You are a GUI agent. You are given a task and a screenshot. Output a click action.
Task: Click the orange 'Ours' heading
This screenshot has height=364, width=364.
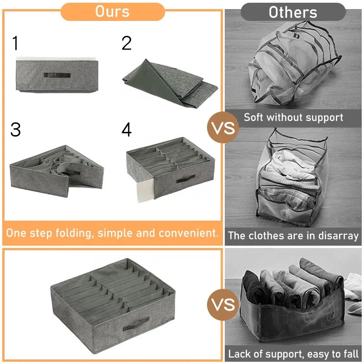pyautogui.click(x=112, y=11)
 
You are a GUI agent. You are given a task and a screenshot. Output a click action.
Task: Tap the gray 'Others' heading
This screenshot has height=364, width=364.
pyautogui.click(x=293, y=12)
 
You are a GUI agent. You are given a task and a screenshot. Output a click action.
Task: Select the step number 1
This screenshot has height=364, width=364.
pyautogui.click(x=15, y=43)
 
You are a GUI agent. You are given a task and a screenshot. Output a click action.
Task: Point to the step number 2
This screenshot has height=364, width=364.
pyautogui.click(x=126, y=43)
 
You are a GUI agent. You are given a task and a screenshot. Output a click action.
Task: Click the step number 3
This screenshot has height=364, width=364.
pyautogui.click(x=15, y=130)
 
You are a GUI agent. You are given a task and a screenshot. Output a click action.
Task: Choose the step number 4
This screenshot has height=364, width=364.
pyautogui.click(x=126, y=130)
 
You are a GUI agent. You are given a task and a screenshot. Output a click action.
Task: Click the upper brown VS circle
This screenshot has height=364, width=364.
pyautogui.click(x=222, y=128)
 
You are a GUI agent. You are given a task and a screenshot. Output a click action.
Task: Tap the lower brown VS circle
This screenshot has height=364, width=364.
pyautogui.click(x=222, y=304)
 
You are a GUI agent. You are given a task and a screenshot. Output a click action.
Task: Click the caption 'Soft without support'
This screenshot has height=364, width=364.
pyautogui.click(x=293, y=117)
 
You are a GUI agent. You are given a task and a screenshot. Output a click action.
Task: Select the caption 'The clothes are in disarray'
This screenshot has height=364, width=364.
pyautogui.click(x=293, y=236)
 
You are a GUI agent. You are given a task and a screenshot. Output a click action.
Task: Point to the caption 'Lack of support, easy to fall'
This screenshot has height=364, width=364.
pyautogui.click(x=293, y=354)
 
